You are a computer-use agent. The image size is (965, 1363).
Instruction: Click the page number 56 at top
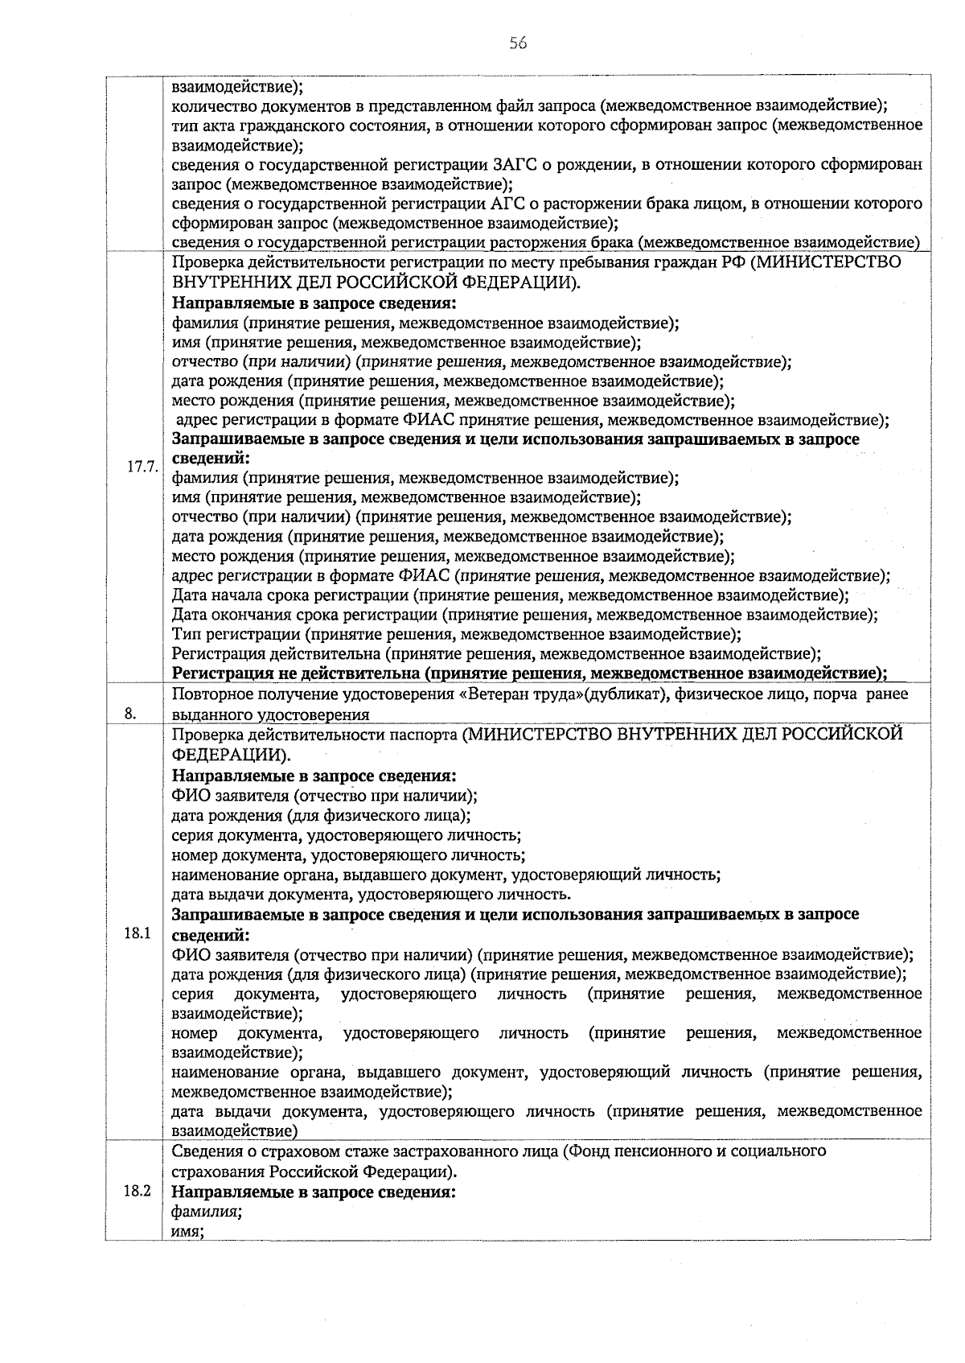pos(517,43)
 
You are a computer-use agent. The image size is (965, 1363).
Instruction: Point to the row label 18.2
pos(138,1192)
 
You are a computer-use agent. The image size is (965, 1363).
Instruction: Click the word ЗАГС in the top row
pos(511,165)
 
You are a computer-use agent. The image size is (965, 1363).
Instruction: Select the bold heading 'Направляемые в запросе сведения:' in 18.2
pos(314,1192)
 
